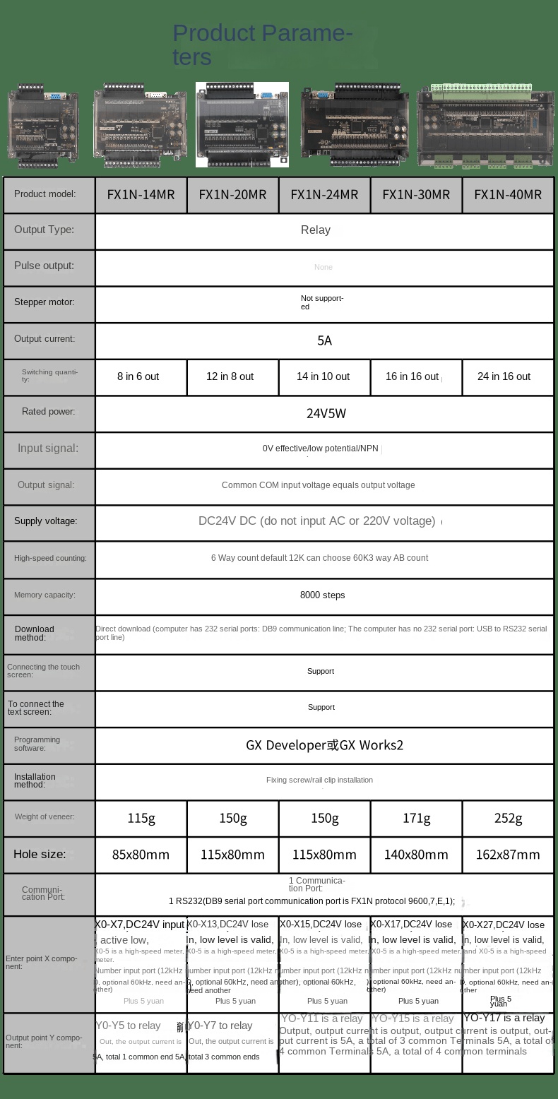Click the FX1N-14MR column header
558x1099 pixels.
pos(141,194)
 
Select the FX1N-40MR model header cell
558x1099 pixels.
pos(508,194)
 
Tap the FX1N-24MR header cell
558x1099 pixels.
pos(324,194)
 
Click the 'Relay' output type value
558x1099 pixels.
pos(315,230)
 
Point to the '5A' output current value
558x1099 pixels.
pos(324,340)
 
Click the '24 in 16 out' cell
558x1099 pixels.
pos(504,376)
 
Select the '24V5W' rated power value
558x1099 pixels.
pos(326,413)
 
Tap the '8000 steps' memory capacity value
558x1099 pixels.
pos(322,595)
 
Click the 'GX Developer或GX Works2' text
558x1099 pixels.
pos(324,745)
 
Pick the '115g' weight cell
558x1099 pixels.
pos(141,818)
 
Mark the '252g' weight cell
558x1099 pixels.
pos(508,818)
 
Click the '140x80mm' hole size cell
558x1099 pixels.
pos(416,855)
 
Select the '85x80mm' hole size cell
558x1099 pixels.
pos(141,855)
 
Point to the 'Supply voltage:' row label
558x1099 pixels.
pos(45,521)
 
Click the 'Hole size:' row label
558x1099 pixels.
pos(40,854)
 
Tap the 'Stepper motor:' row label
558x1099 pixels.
pos(44,302)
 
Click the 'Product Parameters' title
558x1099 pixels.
pos(262,44)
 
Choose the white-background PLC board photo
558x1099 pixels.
pos(242,124)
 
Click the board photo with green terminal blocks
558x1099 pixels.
pos(485,127)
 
